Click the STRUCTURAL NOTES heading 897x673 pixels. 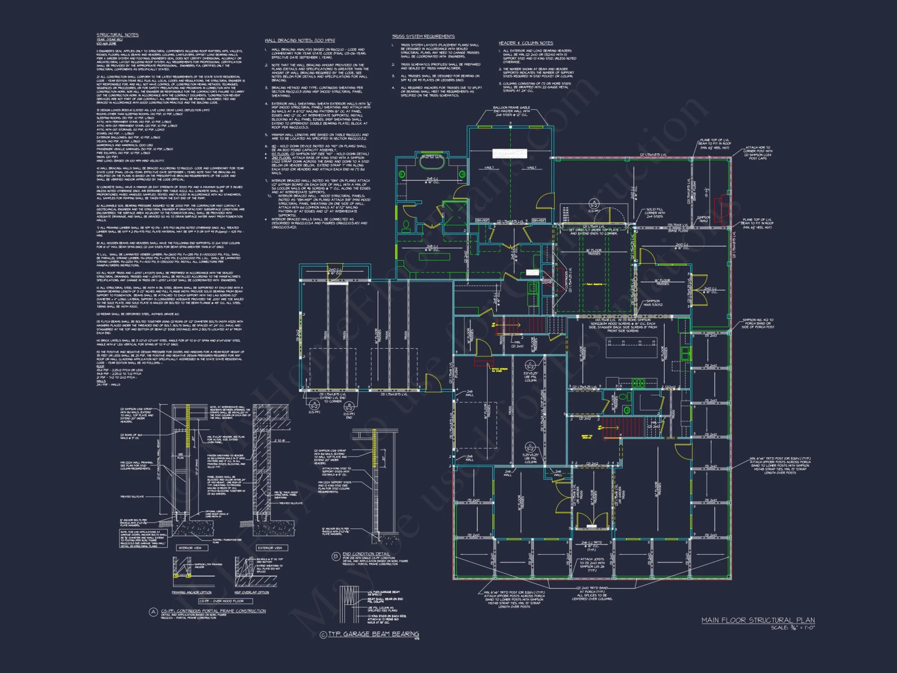pos(118,35)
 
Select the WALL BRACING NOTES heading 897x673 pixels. pos(300,40)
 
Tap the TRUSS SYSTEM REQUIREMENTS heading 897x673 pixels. pos(423,36)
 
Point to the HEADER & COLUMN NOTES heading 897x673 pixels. pos(526,43)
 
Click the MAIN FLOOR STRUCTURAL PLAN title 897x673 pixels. pos(758,620)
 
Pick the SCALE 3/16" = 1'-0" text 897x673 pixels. pos(792,628)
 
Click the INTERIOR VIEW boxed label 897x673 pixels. pos(190,548)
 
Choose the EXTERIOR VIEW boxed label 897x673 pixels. pos(270,548)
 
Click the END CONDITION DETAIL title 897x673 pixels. pos(366,554)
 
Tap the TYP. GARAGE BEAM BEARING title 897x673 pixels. pos(373,634)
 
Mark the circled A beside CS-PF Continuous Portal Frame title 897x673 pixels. pos(153,612)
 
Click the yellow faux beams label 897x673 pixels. pos(594,284)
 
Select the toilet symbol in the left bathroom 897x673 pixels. pos(406,224)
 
